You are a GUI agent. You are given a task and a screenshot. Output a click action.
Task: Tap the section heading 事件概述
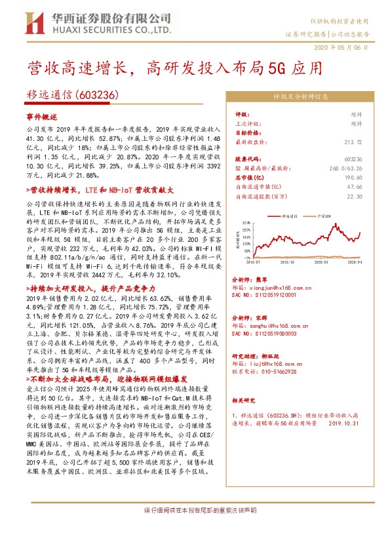pos(42,115)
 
